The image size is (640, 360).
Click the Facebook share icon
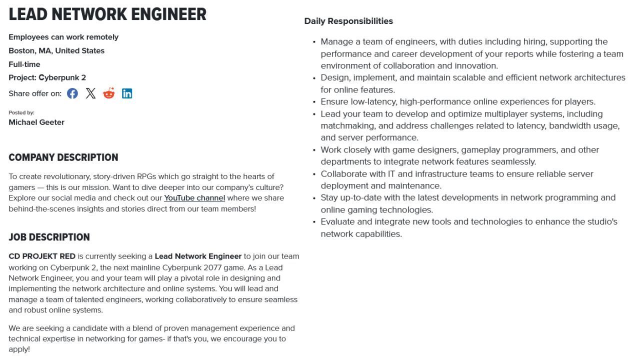pos(72,93)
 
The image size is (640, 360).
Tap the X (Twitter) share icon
pos(90,93)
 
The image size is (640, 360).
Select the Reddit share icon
pos(108,93)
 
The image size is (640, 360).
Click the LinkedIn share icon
pos(127,93)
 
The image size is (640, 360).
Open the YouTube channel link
pos(194,198)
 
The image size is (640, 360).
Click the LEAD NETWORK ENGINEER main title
pos(107,14)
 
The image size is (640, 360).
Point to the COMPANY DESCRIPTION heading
pos(63,157)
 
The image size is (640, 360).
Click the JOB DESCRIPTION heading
pos(49,237)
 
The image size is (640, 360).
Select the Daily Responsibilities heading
pos(348,21)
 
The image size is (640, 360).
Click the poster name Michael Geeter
pos(36,122)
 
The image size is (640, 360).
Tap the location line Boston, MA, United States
pos(56,50)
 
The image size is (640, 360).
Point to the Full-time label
pos(24,64)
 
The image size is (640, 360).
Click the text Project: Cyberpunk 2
pos(47,77)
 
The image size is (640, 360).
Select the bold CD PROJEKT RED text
pos(42,256)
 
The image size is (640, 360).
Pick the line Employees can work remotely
pos(63,37)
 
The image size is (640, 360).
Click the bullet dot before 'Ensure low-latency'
pos(314,102)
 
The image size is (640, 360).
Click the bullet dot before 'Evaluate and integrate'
pos(314,222)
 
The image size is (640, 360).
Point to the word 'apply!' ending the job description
pos(19,349)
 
